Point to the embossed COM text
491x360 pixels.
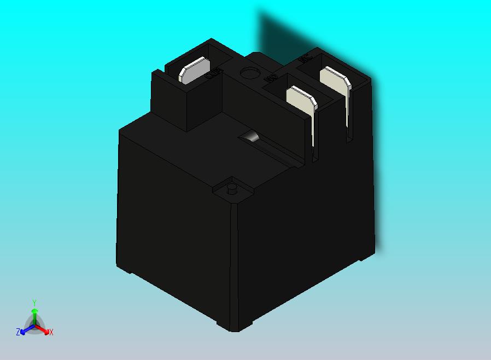click(x=215, y=73)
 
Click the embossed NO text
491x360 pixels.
click(x=270, y=79)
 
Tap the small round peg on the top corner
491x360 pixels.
click(x=231, y=189)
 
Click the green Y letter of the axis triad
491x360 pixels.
click(x=34, y=303)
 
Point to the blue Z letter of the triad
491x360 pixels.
click(x=18, y=332)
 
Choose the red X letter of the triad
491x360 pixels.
click(x=51, y=332)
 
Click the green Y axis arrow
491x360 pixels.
click(x=34, y=314)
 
